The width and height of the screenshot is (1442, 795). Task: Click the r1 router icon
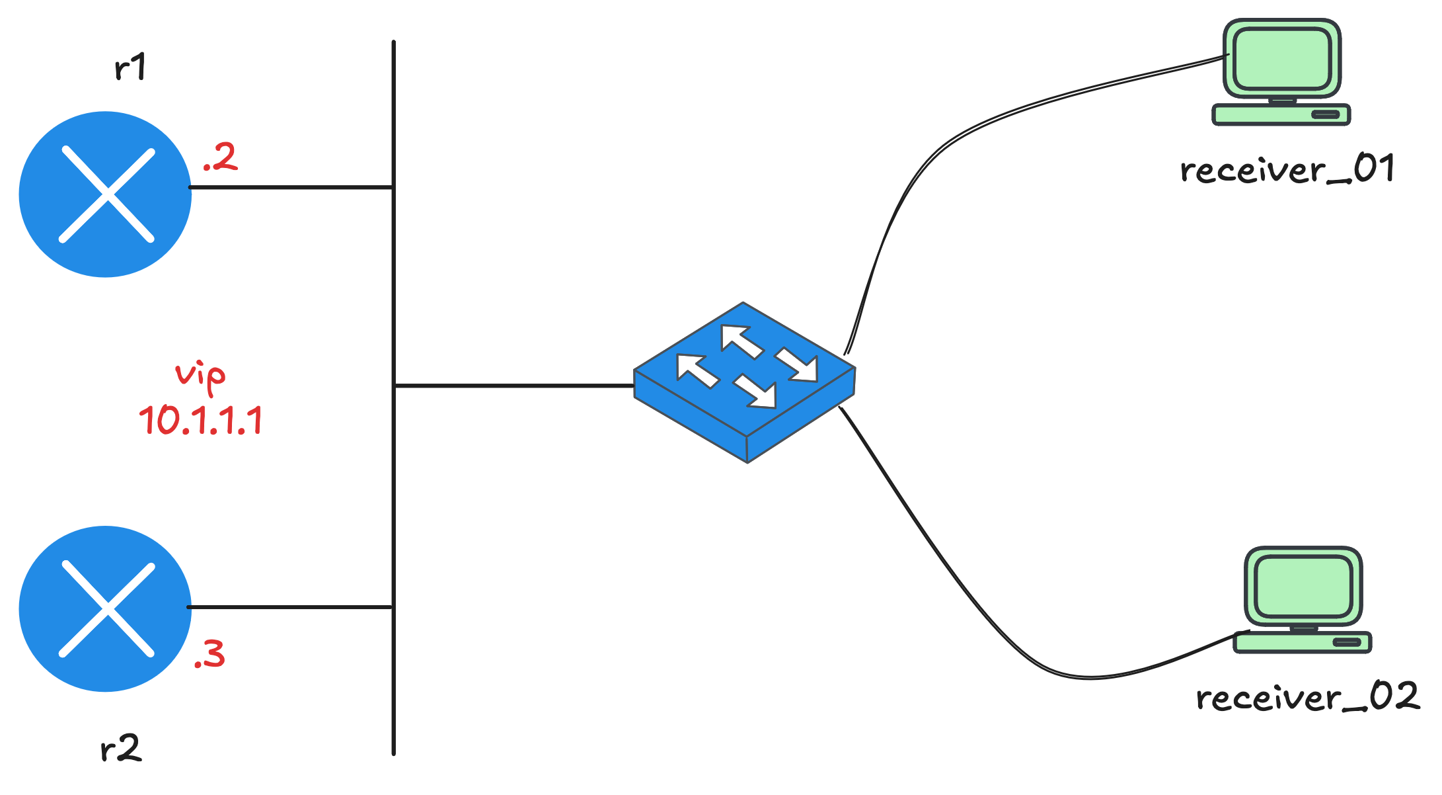click(106, 194)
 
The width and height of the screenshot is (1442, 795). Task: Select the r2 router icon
click(106, 608)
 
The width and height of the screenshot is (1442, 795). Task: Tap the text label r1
click(130, 67)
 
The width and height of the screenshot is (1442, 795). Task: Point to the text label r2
click(121, 749)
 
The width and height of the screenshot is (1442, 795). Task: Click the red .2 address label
click(221, 157)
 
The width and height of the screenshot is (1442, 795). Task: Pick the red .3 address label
click(210, 654)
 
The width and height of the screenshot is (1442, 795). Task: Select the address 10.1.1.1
click(201, 420)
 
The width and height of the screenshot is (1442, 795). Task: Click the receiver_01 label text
click(1287, 169)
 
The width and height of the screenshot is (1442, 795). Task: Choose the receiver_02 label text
click(1307, 697)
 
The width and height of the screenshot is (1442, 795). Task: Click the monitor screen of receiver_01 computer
click(1281, 60)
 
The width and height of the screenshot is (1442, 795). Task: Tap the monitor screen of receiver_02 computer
click(1303, 587)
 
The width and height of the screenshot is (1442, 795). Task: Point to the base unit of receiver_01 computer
click(1281, 114)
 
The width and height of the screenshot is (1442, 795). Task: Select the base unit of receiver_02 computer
click(1303, 642)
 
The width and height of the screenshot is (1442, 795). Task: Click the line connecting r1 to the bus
click(291, 187)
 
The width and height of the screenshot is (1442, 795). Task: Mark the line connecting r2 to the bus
click(291, 607)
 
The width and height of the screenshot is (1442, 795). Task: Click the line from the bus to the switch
click(514, 385)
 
